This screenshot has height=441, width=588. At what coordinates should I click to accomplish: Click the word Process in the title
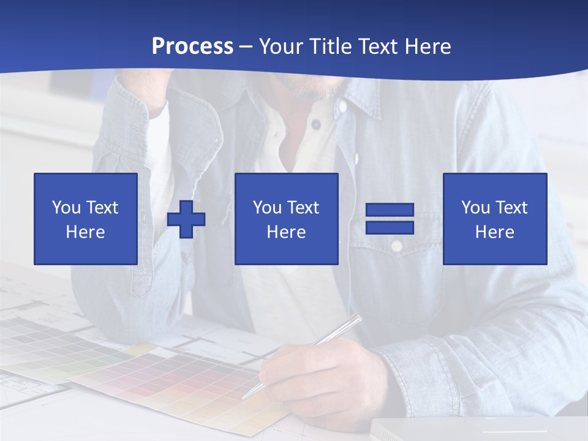[x=192, y=47]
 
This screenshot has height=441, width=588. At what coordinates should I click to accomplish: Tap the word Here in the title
[x=427, y=47]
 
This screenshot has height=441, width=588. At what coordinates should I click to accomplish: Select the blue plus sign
[x=186, y=219]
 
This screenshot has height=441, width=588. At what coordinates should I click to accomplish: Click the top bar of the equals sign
[x=390, y=210]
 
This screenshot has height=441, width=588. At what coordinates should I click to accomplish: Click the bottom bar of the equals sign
[x=390, y=227]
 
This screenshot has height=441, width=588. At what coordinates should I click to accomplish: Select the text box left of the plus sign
[x=86, y=219]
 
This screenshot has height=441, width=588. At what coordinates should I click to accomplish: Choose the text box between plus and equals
[x=287, y=219]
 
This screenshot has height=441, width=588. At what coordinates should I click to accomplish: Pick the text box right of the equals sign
[x=495, y=219]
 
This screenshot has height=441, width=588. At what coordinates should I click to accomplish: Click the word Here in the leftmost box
[x=86, y=232]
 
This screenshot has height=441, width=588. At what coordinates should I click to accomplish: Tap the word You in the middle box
[x=267, y=208]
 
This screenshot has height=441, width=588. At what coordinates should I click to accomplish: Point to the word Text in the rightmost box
[x=512, y=208]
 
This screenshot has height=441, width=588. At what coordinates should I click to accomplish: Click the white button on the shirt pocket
[x=396, y=246]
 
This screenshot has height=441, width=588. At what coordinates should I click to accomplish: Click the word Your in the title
[x=281, y=47]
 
